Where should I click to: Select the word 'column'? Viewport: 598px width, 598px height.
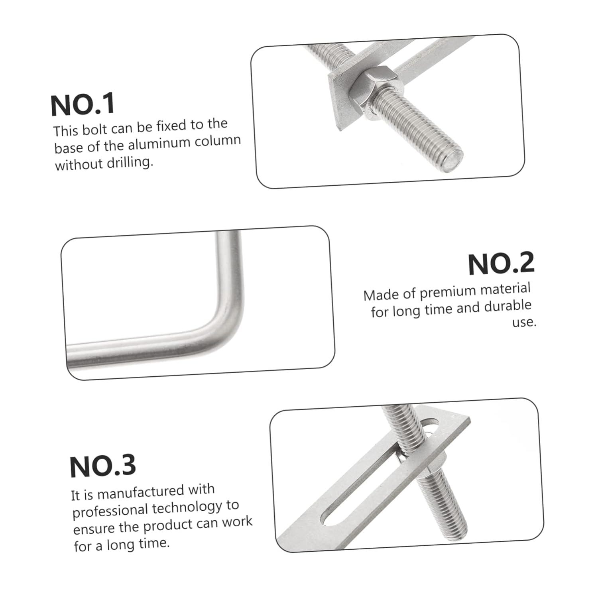221,141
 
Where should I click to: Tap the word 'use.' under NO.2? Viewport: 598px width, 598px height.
524,322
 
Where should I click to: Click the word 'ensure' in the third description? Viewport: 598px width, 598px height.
94,529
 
